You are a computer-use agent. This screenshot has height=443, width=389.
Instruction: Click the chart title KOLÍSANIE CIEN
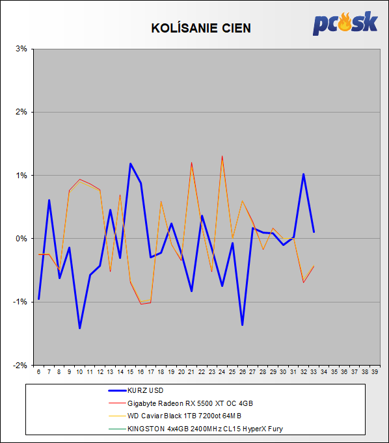click(x=201, y=28)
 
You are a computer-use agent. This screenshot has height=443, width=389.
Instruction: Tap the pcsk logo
click(x=345, y=23)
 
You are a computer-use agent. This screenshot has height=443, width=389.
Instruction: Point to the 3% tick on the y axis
click(x=21, y=49)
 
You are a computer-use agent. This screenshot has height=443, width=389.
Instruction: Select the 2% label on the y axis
click(x=21, y=112)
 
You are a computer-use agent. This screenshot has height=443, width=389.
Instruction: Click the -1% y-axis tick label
click(x=20, y=302)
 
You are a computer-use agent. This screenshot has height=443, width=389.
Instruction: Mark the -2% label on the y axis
click(x=20, y=365)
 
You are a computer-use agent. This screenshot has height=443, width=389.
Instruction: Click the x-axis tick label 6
click(x=38, y=372)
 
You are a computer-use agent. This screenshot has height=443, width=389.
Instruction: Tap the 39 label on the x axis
click(x=375, y=372)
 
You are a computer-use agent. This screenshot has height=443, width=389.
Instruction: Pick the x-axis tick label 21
click(x=191, y=372)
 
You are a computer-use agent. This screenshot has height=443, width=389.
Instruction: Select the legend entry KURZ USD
click(x=136, y=390)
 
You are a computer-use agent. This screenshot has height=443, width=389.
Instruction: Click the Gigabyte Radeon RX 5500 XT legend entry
click(x=181, y=403)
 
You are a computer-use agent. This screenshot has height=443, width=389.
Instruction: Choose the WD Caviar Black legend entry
click(x=175, y=416)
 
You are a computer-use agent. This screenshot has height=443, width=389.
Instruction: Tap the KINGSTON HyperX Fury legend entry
click(x=196, y=429)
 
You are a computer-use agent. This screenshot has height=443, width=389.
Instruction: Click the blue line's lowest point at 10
click(x=79, y=328)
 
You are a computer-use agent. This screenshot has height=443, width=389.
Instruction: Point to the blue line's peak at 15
click(x=131, y=163)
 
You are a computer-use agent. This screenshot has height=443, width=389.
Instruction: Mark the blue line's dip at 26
click(x=243, y=325)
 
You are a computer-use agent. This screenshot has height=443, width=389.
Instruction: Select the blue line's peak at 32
click(x=303, y=174)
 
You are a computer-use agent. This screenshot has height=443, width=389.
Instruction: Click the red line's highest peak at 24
click(x=222, y=156)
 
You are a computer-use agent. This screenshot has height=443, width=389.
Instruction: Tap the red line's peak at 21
click(x=191, y=163)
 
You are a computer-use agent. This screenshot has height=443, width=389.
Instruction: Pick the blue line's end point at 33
click(x=314, y=232)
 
